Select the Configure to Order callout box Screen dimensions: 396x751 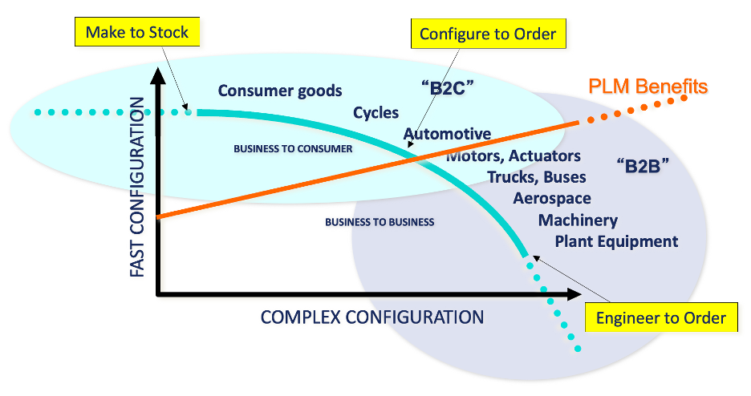tap(488, 34)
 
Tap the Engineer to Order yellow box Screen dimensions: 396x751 tap(660, 317)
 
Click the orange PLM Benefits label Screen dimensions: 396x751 tap(648, 86)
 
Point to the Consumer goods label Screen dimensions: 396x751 tap(280, 91)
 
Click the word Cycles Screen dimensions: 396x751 tap(375, 113)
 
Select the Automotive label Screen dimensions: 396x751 tap(447, 134)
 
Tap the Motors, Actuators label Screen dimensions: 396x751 tap(514, 156)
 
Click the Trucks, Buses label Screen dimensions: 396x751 tap(537, 177)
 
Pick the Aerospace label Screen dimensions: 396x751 tap(552, 198)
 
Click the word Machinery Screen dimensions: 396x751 tap(578, 220)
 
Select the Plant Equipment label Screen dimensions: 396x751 tap(616, 241)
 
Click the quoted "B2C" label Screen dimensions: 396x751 tap(443, 86)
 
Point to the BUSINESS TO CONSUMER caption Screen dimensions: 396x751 tap(293, 149)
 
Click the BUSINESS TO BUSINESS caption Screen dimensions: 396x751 tap(380, 222)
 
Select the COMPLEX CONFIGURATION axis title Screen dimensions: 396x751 tap(372, 317)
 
